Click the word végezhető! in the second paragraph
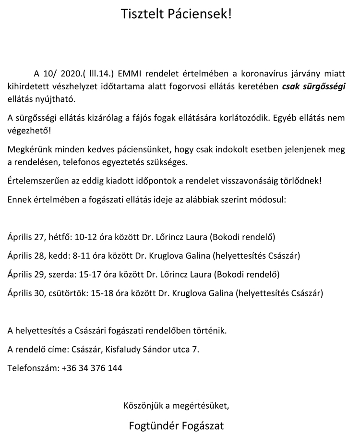coord(30,130)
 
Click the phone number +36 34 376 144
coord(92,368)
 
